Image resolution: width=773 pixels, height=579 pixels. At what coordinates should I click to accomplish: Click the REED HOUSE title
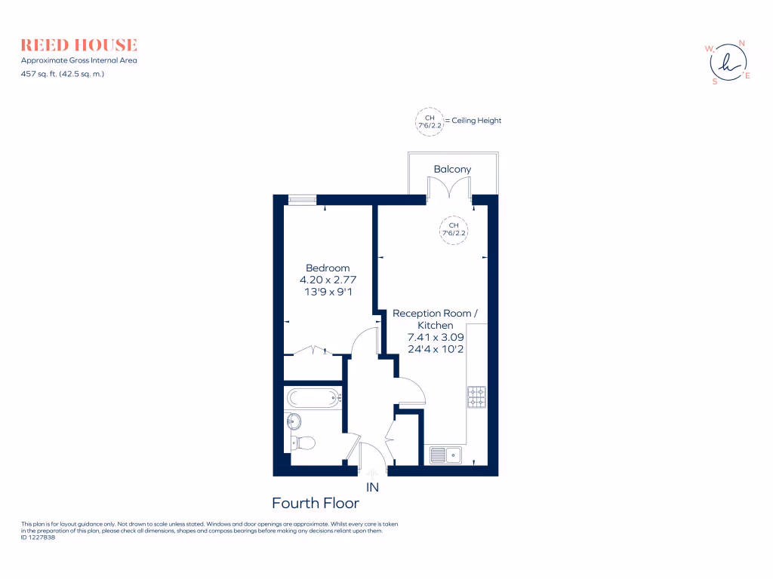79,44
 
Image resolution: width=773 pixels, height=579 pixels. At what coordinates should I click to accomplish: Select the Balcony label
452,169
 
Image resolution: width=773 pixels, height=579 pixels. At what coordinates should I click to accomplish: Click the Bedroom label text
328,268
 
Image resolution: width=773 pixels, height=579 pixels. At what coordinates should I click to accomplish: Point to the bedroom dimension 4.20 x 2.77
328,279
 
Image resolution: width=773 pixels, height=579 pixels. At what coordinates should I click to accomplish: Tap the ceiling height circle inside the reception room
454,229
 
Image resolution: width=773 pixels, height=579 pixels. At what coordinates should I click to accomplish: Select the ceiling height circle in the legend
429,121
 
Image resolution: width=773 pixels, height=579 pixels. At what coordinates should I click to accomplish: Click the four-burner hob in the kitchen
477,397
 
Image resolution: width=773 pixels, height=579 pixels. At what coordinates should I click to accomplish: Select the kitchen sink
445,455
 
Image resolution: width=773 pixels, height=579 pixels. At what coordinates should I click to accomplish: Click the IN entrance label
371,487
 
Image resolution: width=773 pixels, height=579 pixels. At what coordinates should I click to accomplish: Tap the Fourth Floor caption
315,504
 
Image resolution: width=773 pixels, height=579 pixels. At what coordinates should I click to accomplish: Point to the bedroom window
302,200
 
